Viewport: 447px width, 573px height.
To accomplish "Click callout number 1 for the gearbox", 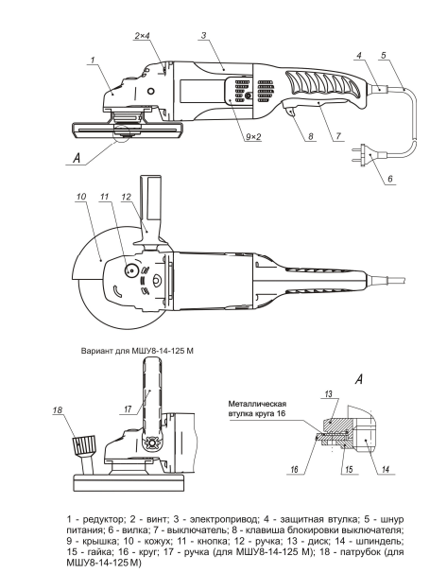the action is pyautogui.click(x=94, y=60).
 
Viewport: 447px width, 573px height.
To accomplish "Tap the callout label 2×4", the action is pyautogui.click(x=143, y=35).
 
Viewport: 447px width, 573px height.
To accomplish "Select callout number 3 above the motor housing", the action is pyautogui.click(x=204, y=35).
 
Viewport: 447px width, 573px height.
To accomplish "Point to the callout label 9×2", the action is pyautogui.click(x=253, y=137).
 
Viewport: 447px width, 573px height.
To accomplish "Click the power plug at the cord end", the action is pyautogui.click(x=367, y=156).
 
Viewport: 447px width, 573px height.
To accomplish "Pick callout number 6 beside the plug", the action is pyautogui.click(x=390, y=179).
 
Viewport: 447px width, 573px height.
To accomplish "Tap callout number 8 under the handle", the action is pyautogui.click(x=310, y=136).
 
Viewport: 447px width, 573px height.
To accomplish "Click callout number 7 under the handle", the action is pyautogui.click(x=338, y=136).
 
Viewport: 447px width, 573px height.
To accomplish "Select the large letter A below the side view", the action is pyautogui.click(x=77, y=158).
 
